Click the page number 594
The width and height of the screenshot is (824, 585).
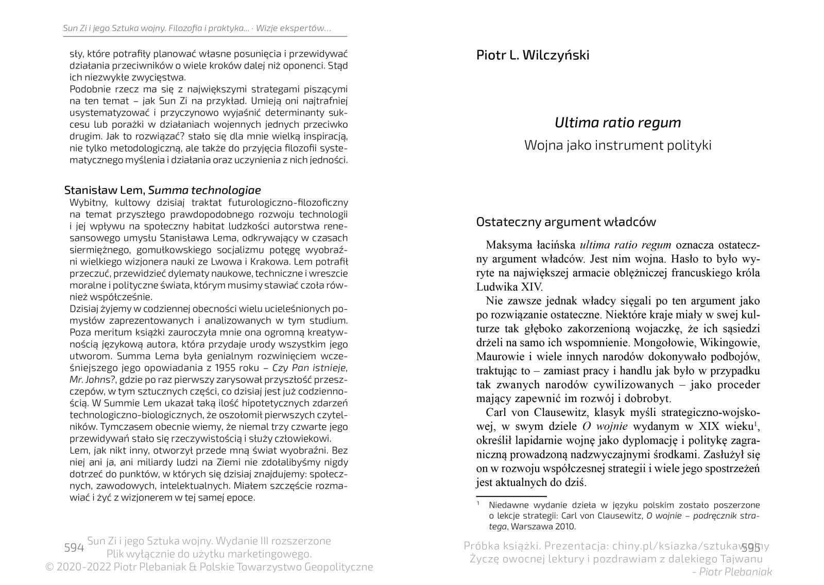pos(73,547)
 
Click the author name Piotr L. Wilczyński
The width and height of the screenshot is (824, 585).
pos(533,55)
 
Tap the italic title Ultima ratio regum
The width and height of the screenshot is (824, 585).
pos(617,123)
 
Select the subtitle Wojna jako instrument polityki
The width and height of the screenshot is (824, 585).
pos(617,145)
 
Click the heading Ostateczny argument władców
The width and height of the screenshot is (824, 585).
pos(566,222)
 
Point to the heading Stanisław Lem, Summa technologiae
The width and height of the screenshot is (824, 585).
pos(162,190)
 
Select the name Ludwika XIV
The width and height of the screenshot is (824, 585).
pos(509,287)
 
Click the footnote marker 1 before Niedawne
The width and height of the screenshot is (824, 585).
pos(478,503)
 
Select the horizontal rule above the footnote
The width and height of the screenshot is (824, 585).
pos(504,496)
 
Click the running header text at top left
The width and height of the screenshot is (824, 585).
pos(197,28)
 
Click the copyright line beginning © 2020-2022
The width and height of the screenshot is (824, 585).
pos(209,567)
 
